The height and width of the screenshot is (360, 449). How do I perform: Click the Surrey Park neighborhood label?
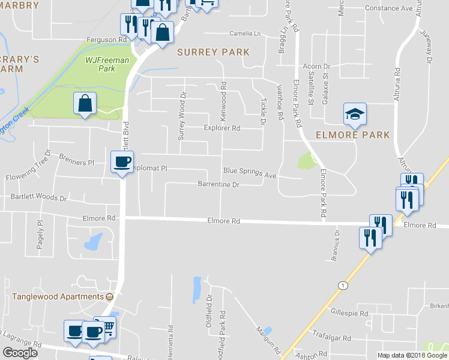tap(213, 52)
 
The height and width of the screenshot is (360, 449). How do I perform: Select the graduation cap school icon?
tap(354, 113)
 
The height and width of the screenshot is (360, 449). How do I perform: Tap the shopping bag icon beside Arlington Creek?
tap(85, 103)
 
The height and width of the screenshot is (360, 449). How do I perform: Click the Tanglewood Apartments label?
tap(58, 297)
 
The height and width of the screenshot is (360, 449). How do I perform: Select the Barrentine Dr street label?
tap(218, 185)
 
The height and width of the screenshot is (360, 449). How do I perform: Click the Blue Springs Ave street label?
tap(249, 172)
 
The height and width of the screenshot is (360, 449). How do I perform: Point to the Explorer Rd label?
tap(222, 128)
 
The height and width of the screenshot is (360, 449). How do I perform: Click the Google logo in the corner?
tap(20, 353)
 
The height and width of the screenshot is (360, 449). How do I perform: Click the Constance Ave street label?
tap(395, 9)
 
